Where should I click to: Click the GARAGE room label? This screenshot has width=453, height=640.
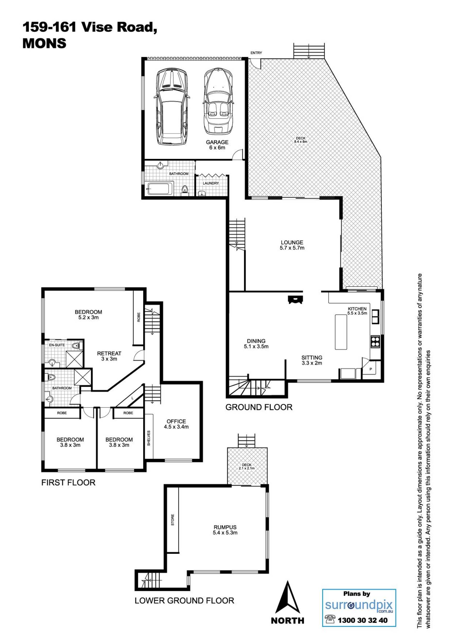click(x=217, y=142)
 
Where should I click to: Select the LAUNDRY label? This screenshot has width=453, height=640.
click(x=211, y=183)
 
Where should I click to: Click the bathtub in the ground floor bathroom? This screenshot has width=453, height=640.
click(x=160, y=189)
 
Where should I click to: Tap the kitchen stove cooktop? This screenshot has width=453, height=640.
click(x=375, y=342)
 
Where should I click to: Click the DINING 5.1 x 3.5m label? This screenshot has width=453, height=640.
click(x=256, y=344)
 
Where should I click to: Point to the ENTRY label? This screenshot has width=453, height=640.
click(x=256, y=53)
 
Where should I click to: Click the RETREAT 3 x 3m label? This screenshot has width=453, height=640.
click(x=109, y=356)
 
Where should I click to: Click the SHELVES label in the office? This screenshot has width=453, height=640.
click(x=149, y=438)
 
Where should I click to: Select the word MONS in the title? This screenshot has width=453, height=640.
click(x=44, y=43)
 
